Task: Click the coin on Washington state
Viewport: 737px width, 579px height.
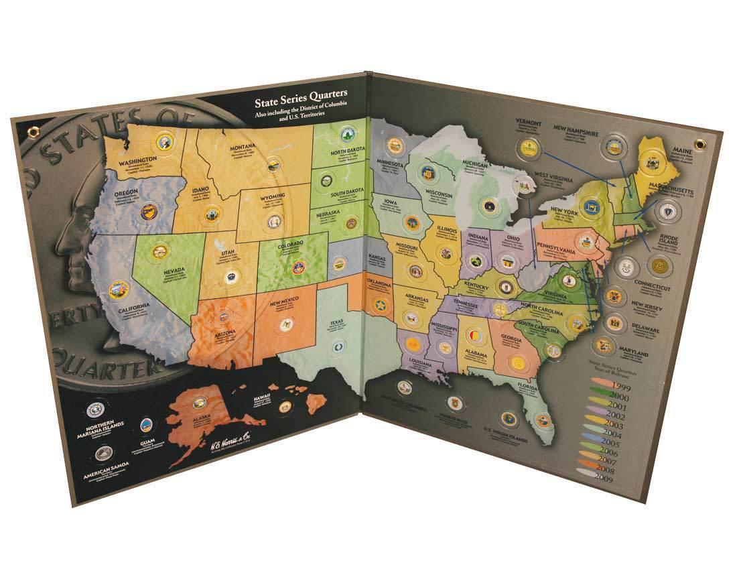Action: tap(163, 141)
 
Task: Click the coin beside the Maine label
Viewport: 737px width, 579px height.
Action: tap(648, 163)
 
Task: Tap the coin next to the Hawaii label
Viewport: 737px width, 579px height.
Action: tap(285, 406)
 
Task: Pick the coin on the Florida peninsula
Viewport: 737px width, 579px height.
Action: tap(543, 420)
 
